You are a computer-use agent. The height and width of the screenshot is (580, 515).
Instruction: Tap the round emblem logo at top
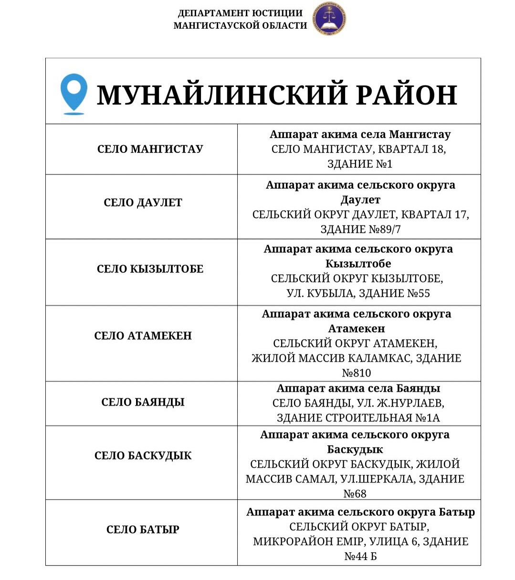[329, 19]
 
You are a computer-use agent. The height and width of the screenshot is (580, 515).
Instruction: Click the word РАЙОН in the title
[407, 95]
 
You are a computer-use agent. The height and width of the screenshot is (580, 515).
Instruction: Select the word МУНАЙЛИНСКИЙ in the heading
[222, 95]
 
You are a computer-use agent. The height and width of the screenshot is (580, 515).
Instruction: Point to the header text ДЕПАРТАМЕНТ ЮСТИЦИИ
[240, 13]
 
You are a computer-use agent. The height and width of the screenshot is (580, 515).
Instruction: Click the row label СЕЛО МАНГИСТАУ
[150, 149]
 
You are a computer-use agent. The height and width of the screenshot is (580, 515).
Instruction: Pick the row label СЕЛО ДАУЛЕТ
[143, 203]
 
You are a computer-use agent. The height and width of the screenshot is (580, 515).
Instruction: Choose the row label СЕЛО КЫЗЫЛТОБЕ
[150, 269]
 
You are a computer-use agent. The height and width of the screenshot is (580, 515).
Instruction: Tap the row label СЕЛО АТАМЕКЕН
[143, 336]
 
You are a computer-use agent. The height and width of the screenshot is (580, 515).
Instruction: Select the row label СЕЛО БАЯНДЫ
[143, 402]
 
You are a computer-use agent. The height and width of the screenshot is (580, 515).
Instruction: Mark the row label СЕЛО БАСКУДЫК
[143, 456]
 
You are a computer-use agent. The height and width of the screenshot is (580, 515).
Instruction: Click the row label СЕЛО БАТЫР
[143, 530]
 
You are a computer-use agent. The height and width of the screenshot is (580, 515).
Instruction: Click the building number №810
[357, 373]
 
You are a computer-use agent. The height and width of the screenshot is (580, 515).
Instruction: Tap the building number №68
[355, 494]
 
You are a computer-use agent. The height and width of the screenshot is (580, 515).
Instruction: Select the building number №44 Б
[360, 556]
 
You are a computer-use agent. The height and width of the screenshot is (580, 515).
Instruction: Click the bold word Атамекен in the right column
[357, 329]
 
